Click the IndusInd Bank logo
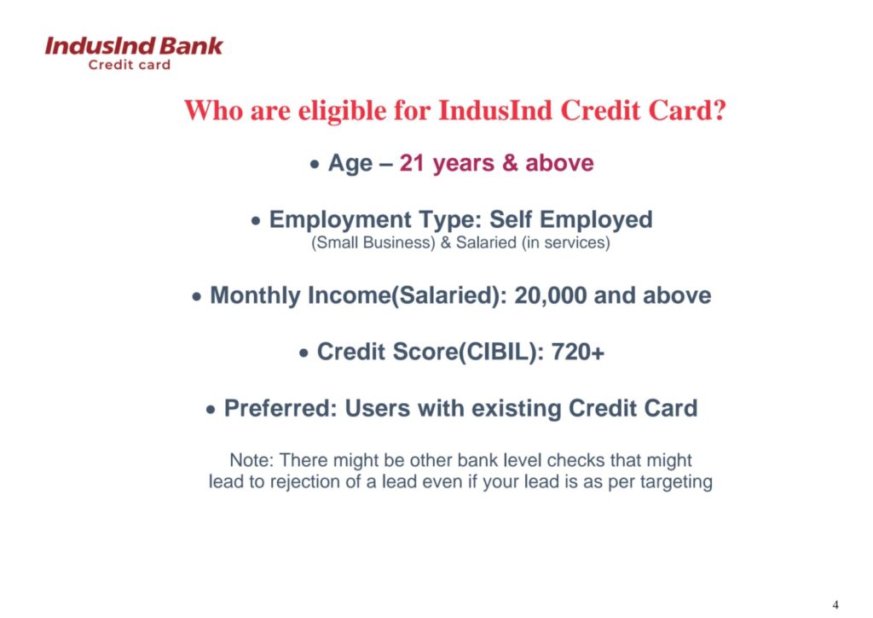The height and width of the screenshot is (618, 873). [x=134, y=53]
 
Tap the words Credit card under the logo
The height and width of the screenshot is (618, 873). [x=130, y=65]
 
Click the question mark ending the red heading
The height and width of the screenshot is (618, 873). [x=718, y=110]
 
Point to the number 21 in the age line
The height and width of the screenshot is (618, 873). [x=412, y=163]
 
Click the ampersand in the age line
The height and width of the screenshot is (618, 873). [x=510, y=163]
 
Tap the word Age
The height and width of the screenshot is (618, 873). [x=350, y=164]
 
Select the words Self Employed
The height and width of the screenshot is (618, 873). [x=570, y=220]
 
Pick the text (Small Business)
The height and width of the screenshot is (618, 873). [x=373, y=243]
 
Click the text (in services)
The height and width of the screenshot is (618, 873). [x=566, y=243]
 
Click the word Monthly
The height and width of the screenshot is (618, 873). [x=255, y=296]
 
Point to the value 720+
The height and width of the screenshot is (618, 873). [x=577, y=353]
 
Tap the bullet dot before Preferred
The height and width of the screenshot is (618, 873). [x=210, y=411]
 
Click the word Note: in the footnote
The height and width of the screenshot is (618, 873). [x=251, y=460]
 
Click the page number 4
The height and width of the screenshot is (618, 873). [x=835, y=604]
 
